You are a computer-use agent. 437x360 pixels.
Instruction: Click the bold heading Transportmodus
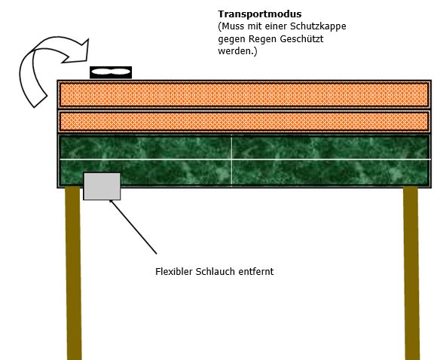pos(260,14)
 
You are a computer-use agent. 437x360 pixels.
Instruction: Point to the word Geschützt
pos(301,38)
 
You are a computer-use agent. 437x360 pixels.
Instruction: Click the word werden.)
pos(237,51)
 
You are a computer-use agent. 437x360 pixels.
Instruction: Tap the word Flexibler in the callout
pos(173,271)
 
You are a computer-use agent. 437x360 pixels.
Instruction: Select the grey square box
pos(102,186)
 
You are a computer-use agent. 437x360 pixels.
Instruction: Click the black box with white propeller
pos(111,72)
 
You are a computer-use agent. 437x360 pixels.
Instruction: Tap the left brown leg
pos(74,273)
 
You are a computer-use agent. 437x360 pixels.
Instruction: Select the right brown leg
pos(411,273)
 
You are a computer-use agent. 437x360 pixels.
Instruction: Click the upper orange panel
pos(244,94)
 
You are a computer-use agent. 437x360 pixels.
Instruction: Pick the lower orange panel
pos(244,121)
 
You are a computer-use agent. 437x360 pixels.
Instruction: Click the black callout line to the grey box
pos(133,227)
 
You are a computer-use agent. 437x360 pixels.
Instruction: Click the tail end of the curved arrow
pos(41,101)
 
